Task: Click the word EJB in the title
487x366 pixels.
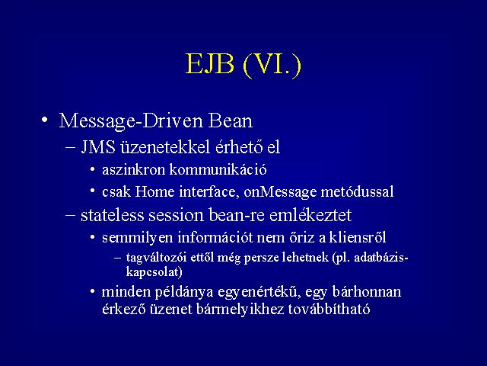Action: [x=210, y=64]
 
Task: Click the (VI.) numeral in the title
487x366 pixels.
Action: [x=272, y=66]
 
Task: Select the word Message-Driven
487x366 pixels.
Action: [x=131, y=121]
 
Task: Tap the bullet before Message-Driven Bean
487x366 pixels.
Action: [x=45, y=120]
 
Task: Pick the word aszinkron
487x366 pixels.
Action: [x=134, y=170]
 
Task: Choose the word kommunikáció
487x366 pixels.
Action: [x=218, y=169]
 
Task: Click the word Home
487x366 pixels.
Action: [x=154, y=191]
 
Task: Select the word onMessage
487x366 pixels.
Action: [x=280, y=192]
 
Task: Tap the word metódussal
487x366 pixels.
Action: [x=357, y=191]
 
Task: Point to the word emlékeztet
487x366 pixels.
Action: [x=310, y=215]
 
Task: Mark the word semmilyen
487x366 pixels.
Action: [x=137, y=238]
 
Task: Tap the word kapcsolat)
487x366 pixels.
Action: [x=154, y=272]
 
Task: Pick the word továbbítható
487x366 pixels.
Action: [x=329, y=309]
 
